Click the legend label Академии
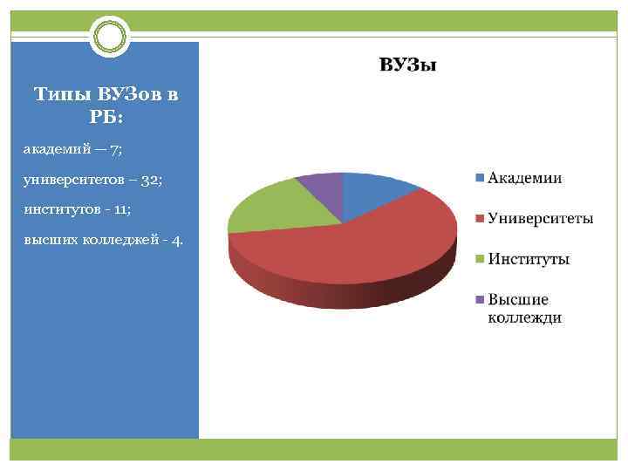point(524,179)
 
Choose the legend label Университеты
point(541,218)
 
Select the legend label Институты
point(529,259)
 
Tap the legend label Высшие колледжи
point(524,309)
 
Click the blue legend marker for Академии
point(479,179)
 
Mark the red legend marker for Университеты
point(479,218)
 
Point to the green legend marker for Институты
point(479,259)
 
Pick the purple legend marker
point(479,300)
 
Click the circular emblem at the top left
point(111,36)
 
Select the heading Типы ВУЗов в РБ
point(105,106)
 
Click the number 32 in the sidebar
point(145,180)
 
